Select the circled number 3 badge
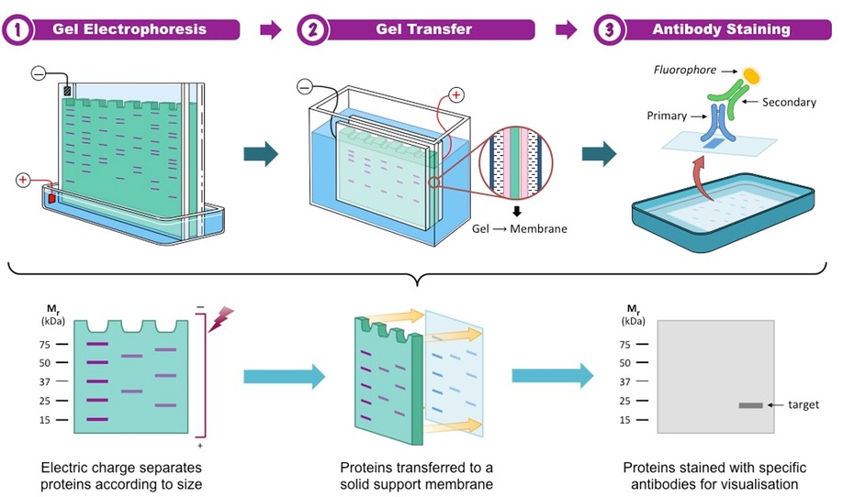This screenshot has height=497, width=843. coord(610,29)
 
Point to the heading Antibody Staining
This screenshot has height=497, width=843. coord(721,29)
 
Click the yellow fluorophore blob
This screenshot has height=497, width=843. coord(752,74)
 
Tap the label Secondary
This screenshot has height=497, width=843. coord(790,102)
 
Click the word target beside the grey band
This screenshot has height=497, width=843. coord(802,404)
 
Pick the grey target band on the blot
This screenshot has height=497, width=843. coord(751,405)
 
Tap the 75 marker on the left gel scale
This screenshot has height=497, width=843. coord(45,345)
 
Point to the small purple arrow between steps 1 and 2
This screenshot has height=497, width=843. coord(270,30)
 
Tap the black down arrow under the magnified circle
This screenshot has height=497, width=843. coord(516,210)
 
